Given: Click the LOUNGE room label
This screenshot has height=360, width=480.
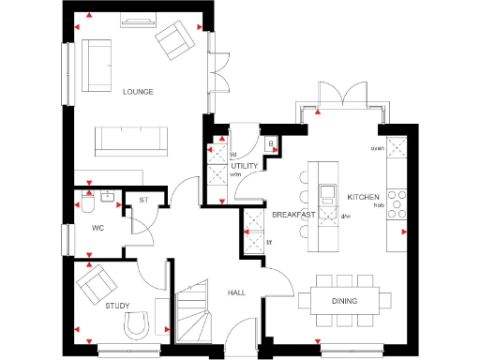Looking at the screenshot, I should [138, 92].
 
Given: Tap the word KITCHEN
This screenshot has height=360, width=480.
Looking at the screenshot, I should [363, 197].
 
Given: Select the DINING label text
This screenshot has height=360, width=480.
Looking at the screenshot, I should [344, 301].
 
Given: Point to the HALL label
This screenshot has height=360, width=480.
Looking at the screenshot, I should [237, 292].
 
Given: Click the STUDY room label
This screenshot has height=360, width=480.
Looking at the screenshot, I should [117, 306].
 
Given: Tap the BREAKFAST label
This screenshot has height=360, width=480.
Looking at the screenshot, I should [292, 215].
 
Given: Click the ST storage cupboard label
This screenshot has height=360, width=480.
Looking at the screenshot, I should [145, 200].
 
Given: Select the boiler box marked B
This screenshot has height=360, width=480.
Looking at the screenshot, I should [270, 143].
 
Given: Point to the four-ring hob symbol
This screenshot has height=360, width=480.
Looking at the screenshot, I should [397, 202].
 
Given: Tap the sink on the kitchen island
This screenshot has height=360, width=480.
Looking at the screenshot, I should [328, 194].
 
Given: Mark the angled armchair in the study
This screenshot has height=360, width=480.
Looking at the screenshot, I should [95, 284].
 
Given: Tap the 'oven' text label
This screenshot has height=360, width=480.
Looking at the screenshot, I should [377, 148].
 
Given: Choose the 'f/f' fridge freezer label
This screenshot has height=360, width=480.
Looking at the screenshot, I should [269, 243].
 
